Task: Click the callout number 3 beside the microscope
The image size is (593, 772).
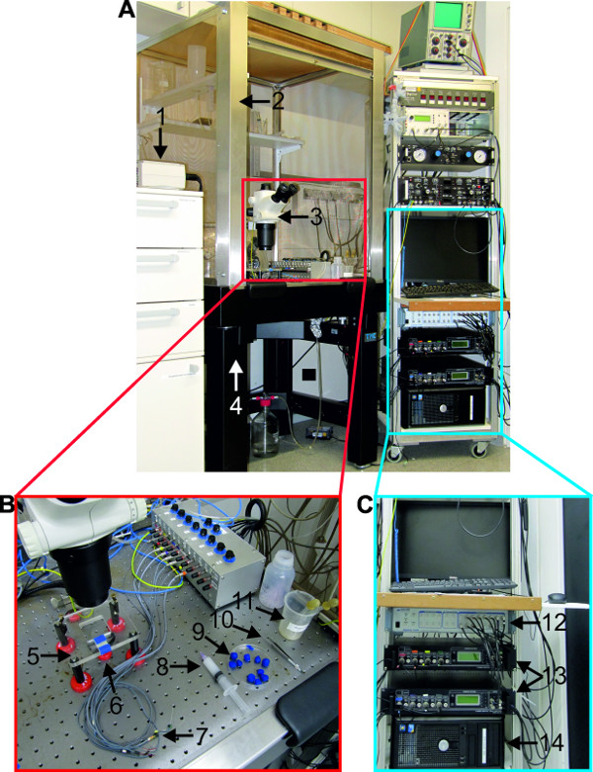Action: (316, 216)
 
